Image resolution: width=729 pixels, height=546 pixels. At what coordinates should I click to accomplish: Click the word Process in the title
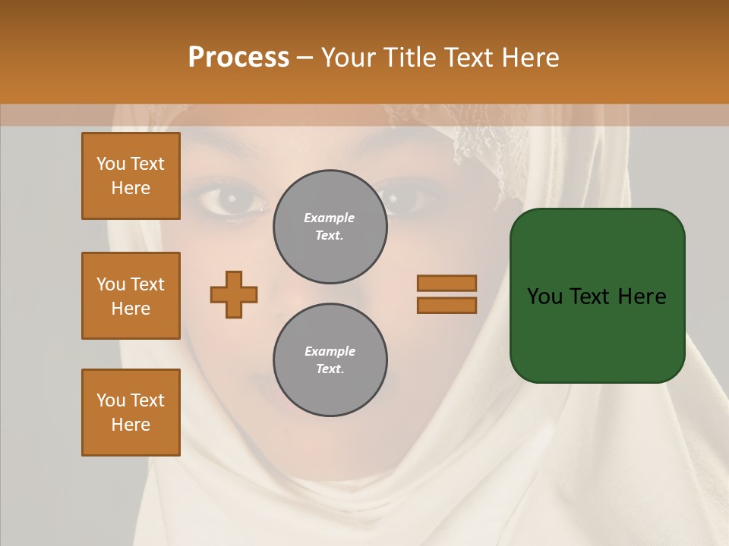[x=238, y=58]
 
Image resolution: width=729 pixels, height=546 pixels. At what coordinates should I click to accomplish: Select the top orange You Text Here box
[x=131, y=176]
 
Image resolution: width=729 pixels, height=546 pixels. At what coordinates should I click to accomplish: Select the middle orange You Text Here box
[x=131, y=296]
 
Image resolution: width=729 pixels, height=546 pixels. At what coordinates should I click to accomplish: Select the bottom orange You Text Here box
[x=131, y=413]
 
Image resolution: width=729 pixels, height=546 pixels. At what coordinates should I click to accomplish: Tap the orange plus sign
[x=234, y=294]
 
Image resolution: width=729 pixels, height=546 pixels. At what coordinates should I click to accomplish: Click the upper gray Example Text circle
[x=330, y=227]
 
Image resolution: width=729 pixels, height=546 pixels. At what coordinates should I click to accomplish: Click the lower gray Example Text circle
[x=330, y=360]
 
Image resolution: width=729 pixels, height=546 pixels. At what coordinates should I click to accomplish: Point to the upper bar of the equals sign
[x=447, y=283]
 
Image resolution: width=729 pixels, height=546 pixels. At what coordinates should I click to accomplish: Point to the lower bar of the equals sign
[x=447, y=306]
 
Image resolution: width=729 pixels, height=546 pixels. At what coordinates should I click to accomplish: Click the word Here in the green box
[x=642, y=297]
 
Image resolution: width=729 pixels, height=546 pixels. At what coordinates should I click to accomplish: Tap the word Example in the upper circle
[x=330, y=218]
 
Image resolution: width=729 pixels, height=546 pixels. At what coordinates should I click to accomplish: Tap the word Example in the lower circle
[x=330, y=351]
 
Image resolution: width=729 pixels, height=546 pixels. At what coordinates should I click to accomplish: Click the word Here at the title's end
[x=532, y=58]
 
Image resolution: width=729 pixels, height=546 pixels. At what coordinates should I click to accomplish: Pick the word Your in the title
[x=347, y=58]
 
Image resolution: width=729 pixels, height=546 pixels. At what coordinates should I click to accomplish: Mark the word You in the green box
[x=544, y=297]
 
